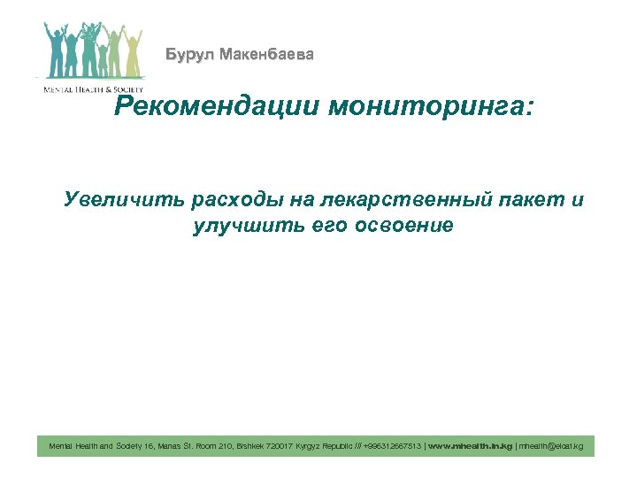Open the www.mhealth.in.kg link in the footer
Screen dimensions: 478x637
pyautogui.click(x=470, y=446)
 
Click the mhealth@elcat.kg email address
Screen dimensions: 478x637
pyautogui.click(x=550, y=446)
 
